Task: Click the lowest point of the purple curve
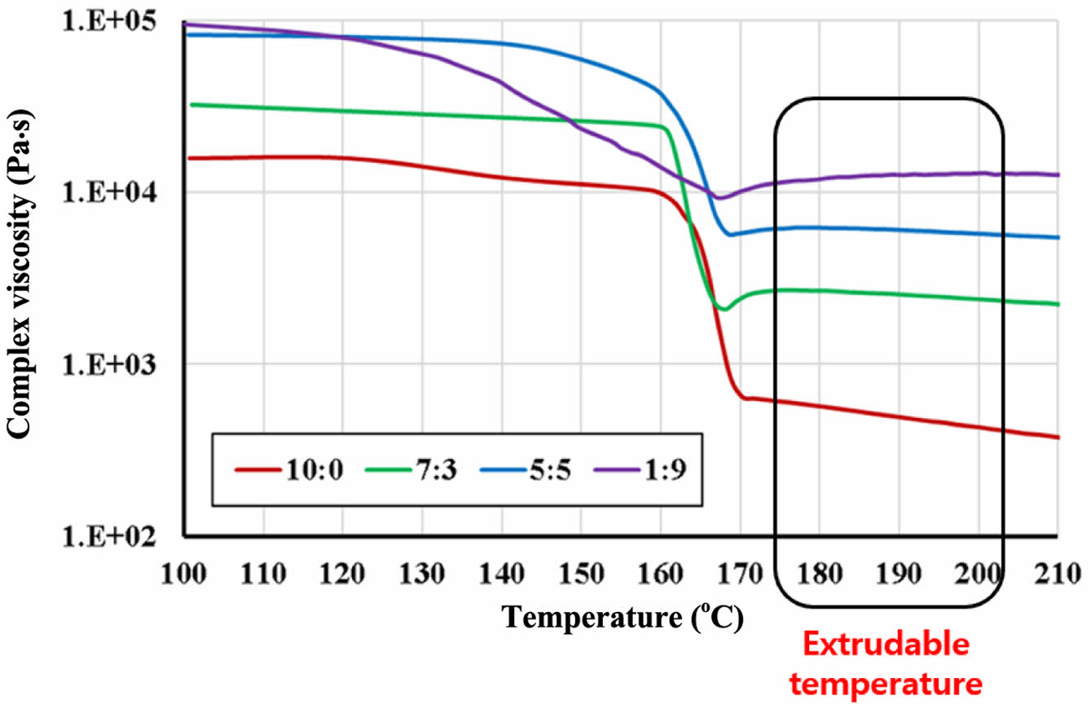click(x=719, y=198)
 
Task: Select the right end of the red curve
click(x=1057, y=438)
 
